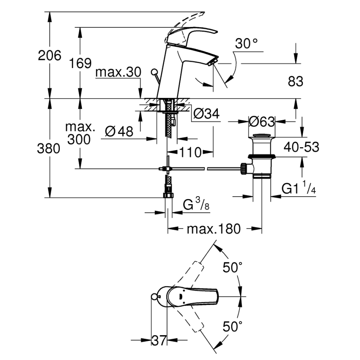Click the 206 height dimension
(x=49, y=55)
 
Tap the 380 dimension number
(x=49, y=148)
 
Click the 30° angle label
(x=246, y=43)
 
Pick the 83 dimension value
(x=295, y=82)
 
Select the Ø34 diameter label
(x=206, y=113)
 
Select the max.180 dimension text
(x=213, y=229)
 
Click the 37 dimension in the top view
(x=158, y=341)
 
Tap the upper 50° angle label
(x=232, y=268)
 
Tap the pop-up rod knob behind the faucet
(x=154, y=72)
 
